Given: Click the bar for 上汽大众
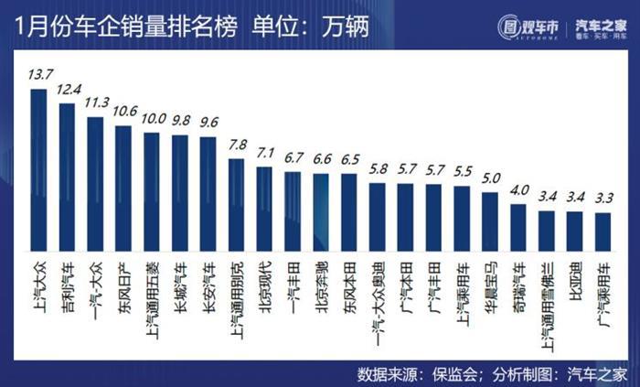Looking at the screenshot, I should [x=38, y=169].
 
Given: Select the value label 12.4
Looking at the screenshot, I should [x=67, y=91].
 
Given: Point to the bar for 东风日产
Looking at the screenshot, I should [x=123, y=188].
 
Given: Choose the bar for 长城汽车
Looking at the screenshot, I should [x=180, y=192].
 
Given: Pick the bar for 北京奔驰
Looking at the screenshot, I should [x=321, y=211].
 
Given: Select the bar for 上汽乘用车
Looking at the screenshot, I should [x=462, y=218].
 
